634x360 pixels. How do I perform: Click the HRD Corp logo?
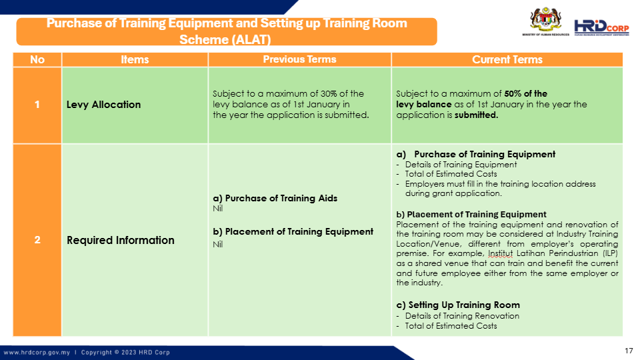click(601, 27)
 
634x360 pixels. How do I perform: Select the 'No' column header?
click(37, 59)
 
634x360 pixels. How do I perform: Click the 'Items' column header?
click(135, 59)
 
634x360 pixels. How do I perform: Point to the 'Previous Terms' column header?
click(299, 59)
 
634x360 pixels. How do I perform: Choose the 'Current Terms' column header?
click(507, 59)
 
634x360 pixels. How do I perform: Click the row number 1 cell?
click(37, 105)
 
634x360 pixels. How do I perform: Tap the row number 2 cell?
click(37, 240)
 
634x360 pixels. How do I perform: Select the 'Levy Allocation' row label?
click(103, 105)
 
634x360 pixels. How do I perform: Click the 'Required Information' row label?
click(121, 240)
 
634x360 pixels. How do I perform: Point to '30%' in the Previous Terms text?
click(328, 93)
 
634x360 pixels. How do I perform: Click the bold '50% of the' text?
click(525, 93)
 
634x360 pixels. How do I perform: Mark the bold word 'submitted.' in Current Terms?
click(476, 115)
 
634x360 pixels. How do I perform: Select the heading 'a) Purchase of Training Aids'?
click(275, 198)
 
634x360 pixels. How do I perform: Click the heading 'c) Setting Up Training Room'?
click(458, 305)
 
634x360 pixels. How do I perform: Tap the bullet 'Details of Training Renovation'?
click(462, 316)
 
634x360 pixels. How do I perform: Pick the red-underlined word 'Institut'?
click(500, 253)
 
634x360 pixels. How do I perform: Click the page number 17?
click(629, 351)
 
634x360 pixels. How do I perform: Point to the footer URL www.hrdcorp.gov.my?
click(37, 352)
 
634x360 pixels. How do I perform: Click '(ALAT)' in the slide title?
click(251, 39)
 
